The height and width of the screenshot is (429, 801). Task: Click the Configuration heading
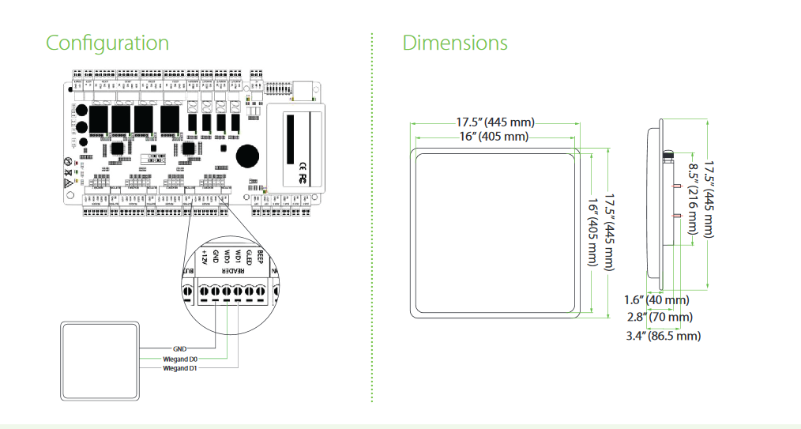(107, 43)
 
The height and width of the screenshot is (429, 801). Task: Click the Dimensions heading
(455, 43)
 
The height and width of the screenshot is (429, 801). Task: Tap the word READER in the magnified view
(231, 271)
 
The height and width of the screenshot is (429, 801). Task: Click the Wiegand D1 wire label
(181, 368)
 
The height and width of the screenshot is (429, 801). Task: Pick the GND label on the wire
(179, 348)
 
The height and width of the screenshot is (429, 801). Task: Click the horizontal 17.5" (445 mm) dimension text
(495, 122)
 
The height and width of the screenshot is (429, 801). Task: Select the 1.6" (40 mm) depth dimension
(656, 300)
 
